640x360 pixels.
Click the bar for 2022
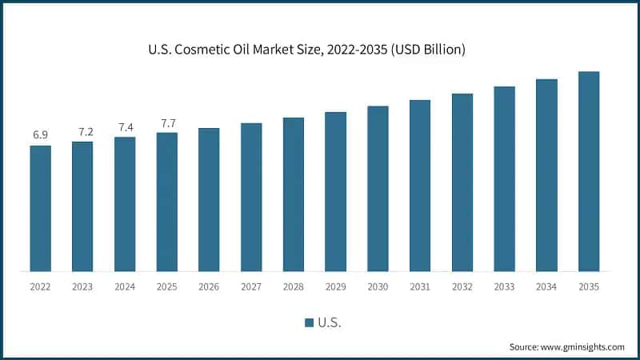[41, 208]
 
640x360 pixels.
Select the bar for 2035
[589, 171]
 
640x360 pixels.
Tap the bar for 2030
[378, 188]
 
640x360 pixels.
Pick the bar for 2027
[251, 197]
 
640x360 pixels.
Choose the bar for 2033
[504, 178]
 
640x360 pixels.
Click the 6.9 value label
[41, 134]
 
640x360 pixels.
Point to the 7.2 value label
[82, 130]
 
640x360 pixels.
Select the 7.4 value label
[125, 126]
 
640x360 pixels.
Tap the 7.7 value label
[167, 122]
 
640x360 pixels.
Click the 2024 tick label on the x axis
[125, 286]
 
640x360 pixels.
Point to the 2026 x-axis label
[209, 286]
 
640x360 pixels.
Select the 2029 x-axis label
[335, 286]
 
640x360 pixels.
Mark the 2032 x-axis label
[462, 286]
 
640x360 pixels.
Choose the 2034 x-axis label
[546, 286]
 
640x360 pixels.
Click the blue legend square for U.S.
[309, 322]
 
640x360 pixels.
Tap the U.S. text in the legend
[330, 322]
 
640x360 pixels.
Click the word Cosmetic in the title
[233, 50]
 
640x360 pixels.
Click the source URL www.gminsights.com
[583, 346]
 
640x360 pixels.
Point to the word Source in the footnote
[525, 346]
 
